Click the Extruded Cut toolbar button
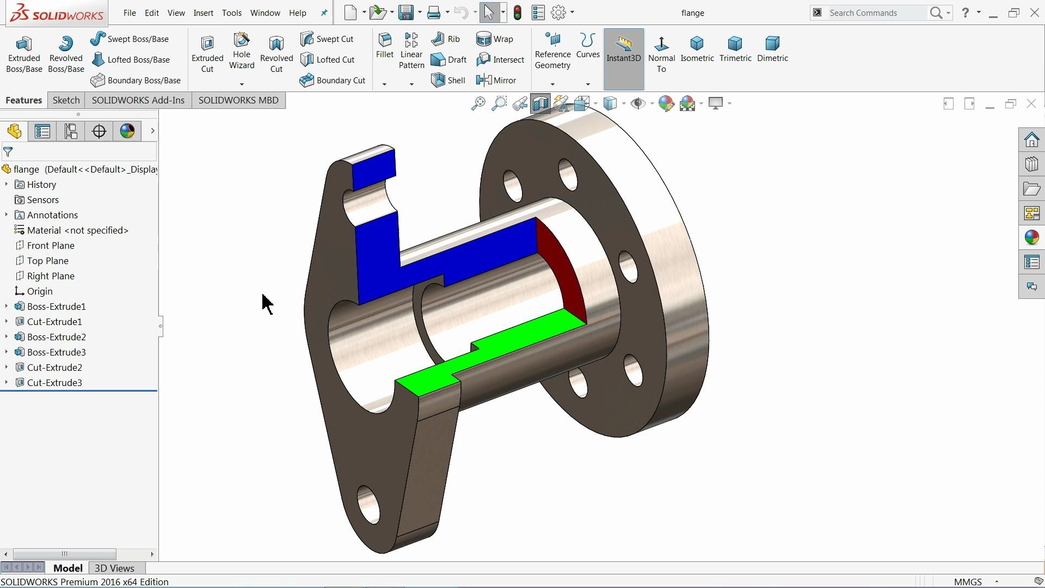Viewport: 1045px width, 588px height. (207, 53)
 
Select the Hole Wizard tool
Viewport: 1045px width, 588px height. (242, 52)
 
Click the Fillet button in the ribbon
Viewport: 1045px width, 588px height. (385, 46)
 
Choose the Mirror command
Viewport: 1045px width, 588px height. (496, 81)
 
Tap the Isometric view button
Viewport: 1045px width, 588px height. (697, 49)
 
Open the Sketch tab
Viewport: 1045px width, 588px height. (66, 100)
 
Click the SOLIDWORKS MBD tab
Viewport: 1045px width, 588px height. (238, 100)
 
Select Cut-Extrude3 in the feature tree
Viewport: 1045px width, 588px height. (54, 383)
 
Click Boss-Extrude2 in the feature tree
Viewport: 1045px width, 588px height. (57, 337)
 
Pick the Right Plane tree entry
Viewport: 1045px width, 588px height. (51, 276)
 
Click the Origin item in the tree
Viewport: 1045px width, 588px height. (40, 291)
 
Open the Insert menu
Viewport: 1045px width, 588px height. (203, 13)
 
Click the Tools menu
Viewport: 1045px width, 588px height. (231, 13)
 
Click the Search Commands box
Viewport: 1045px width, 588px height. (876, 13)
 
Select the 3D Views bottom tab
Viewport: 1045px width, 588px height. (114, 568)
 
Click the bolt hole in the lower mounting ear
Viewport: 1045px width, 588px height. (368, 504)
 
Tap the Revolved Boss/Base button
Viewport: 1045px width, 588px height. (66, 53)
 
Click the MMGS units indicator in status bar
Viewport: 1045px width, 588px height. (968, 582)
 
